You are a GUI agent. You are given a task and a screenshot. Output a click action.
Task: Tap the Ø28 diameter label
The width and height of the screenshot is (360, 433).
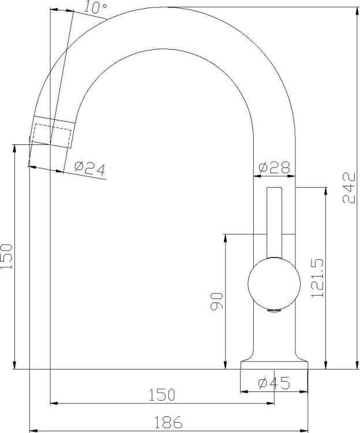[275, 167]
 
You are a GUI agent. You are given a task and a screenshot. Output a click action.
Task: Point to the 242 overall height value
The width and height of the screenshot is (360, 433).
[349, 188]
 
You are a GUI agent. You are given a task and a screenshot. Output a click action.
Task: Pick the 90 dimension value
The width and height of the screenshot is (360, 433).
[217, 301]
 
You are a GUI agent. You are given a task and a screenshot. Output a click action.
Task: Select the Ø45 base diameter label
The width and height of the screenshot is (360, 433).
[274, 383]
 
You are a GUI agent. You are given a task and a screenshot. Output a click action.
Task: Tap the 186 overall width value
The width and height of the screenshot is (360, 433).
[168, 422]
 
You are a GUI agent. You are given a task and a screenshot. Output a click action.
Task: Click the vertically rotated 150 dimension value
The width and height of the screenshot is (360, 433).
[6, 256]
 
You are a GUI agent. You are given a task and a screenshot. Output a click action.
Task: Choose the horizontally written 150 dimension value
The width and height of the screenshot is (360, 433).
[162, 395]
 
